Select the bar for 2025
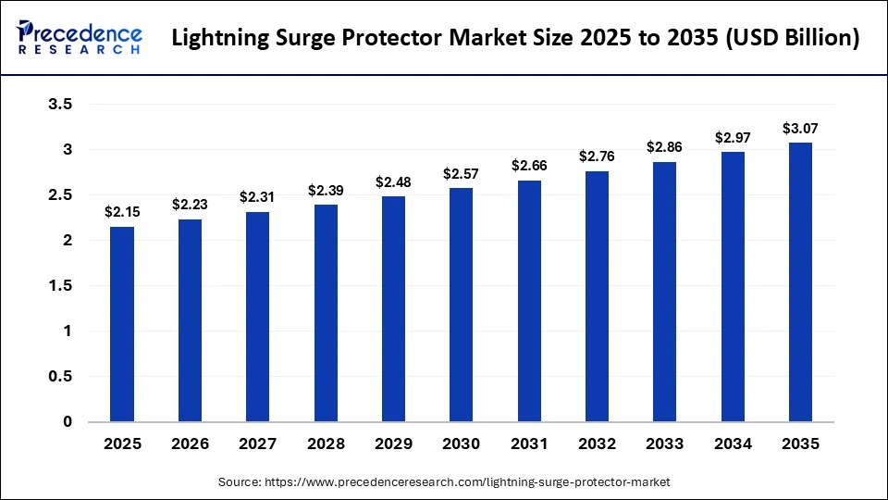(x=122, y=324)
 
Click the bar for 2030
(x=462, y=305)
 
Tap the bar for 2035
(x=800, y=282)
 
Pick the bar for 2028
(x=326, y=313)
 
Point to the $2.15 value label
(x=122, y=212)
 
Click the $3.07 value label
(x=800, y=128)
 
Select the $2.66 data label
(x=529, y=165)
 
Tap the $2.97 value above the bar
(x=733, y=137)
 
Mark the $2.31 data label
(x=257, y=197)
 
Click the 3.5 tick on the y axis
(x=60, y=105)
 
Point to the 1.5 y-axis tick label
(x=60, y=286)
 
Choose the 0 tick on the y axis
(x=68, y=422)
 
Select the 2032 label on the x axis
(x=597, y=444)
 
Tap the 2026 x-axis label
(x=190, y=444)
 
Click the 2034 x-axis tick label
(x=733, y=444)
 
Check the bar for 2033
(x=664, y=292)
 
